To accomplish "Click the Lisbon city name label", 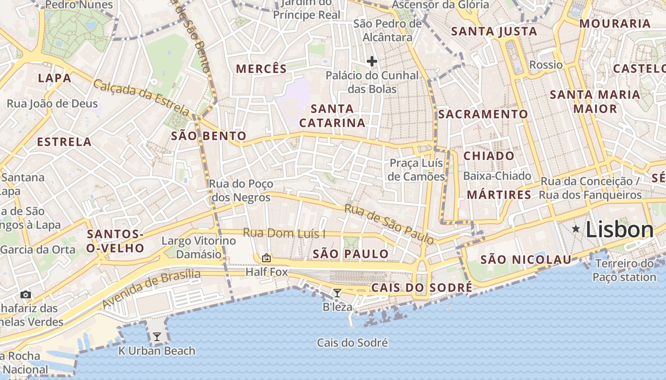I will (619, 230).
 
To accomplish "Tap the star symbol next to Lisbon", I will (576, 229).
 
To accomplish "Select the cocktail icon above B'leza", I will (337, 293).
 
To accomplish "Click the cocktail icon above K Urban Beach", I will (157, 337).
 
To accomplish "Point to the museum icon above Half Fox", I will (266, 258).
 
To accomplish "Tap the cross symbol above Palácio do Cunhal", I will (372, 61).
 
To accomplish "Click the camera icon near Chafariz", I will (26, 294).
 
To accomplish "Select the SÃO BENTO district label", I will (209, 136).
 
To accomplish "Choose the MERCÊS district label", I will (262, 69).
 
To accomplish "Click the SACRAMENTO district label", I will (483, 114).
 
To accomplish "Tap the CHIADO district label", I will (489, 156).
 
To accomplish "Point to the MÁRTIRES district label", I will (499, 195).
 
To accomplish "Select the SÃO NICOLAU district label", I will (526, 260).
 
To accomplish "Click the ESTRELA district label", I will (64, 142).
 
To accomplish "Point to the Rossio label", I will (546, 65).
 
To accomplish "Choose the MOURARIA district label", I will (615, 23).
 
